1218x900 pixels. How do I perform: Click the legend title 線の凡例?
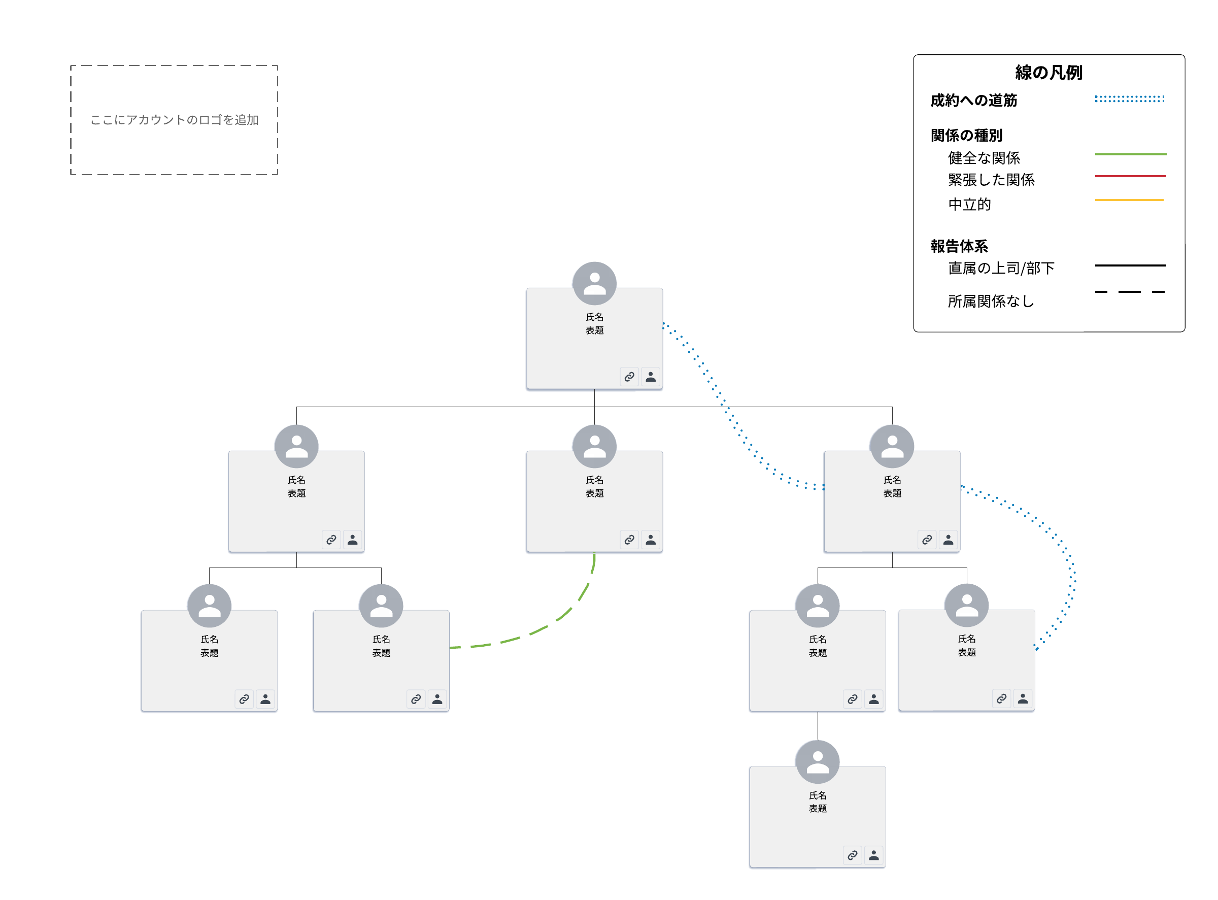coord(1048,73)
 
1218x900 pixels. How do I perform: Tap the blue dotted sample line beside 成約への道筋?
coord(1129,99)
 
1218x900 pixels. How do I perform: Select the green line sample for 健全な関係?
coord(1130,154)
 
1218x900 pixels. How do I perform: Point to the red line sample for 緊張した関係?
coord(1130,176)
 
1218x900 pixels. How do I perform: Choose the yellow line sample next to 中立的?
coord(1129,200)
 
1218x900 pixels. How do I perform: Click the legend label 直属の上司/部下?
coord(1001,268)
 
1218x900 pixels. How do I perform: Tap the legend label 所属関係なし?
coord(990,302)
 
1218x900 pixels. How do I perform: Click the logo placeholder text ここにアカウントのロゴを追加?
coord(174,120)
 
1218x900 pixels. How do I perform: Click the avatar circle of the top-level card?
coord(594,284)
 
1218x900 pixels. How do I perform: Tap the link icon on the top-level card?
coord(629,377)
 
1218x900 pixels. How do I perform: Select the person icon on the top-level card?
coord(651,377)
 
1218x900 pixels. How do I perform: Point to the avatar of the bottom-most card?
coord(817,761)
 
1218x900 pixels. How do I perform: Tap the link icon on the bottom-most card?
coord(853,855)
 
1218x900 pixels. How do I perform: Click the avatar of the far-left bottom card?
coord(209,606)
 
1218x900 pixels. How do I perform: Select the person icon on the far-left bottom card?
coord(265,699)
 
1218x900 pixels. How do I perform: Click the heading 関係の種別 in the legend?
coord(966,135)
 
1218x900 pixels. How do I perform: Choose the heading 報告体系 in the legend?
coord(959,246)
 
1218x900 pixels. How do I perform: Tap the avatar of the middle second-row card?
coord(594,446)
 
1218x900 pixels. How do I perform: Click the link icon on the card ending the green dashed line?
coord(416,699)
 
